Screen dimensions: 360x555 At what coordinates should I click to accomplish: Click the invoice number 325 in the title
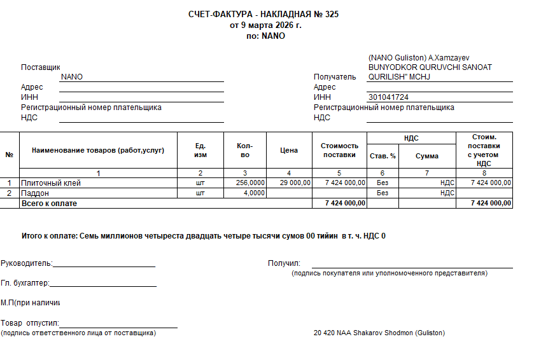pyautogui.click(x=332, y=15)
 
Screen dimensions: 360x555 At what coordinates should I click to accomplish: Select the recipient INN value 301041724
pyautogui.click(x=388, y=97)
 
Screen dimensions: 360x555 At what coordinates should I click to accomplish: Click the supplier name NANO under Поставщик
pyautogui.click(x=72, y=77)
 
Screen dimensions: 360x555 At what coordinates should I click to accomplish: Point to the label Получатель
pyautogui.click(x=335, y=77)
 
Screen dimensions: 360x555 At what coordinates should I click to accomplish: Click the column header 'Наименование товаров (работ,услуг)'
pyautogui.click(x=98, y=150)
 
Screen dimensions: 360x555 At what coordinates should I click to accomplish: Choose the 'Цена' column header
pyautogui.click(x=289, y=151)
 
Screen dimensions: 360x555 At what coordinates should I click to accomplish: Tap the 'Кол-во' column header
pyautogui.click(x=245, y=150)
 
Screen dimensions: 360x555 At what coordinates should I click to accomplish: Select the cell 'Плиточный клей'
pyautogui.click(x=51, y=183)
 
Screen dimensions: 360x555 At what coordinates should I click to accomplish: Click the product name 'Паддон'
pyautogui.click(x=36, y=193)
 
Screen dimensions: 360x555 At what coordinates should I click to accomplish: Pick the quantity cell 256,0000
pyautogui.click(x=250, y=183)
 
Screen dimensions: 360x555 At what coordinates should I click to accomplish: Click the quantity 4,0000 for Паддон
pyautogui.click(x=255, y=193)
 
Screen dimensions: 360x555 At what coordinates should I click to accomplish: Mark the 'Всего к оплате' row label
pyautogui.click(x=49, y=203)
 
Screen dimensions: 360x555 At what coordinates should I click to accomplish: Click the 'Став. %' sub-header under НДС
pyautogui.click(x=383, y=156)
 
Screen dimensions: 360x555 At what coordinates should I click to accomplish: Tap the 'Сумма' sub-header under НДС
pyautogui.click(x=427, y=156)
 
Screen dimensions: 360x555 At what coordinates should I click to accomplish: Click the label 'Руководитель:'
pyautogui.click(x=27, y=263)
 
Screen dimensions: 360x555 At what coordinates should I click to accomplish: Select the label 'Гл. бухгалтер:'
pyautogui.click(x=25, y=283)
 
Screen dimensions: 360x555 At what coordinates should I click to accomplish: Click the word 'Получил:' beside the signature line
pyautogui.click(x=284, y=263)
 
